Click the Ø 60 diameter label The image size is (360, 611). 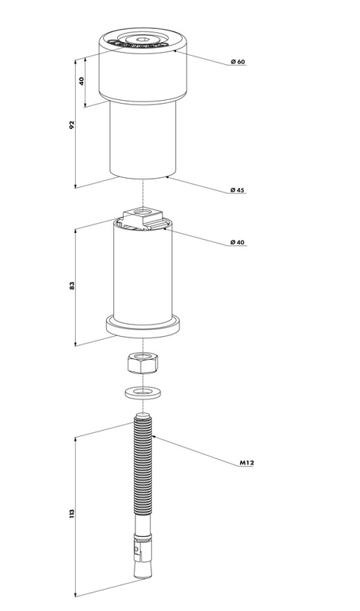click(238, 62)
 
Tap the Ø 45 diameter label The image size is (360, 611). click(238, 190)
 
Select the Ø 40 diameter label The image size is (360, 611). click(238, 242)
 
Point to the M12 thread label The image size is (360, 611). click(247, 463)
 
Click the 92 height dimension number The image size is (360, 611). click(72, 124)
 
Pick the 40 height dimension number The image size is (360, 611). click(82, 81)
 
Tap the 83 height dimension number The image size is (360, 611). click(72, 286)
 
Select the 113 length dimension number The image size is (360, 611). click(72, 512)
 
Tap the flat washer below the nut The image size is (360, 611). click(143, 392)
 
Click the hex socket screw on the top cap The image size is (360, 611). click(141, 40)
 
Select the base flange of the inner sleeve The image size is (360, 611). click(143, 325)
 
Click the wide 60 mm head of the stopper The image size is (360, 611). click(143, 66)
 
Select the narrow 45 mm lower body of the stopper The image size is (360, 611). click(143, 141)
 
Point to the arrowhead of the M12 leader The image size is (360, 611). click(155, 436)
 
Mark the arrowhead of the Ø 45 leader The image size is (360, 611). click(168, 177)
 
